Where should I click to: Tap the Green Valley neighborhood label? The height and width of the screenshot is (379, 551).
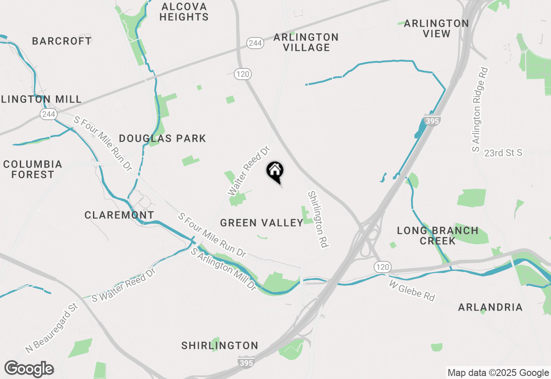[x=262, y=223]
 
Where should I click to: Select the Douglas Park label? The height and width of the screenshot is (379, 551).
[x=162, y=138]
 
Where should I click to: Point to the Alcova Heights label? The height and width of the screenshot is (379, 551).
[x=184, y=12]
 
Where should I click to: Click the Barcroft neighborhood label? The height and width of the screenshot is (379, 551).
[x=62, y=41]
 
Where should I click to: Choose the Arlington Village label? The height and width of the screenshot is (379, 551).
[x=306, y=42]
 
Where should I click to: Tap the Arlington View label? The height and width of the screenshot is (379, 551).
[x=436, y=28]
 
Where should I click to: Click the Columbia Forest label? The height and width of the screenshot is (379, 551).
[x=33, y=169]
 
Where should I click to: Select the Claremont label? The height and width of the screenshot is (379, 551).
[x=119, y=215]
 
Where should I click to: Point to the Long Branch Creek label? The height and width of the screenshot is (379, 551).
[x=437, y=236]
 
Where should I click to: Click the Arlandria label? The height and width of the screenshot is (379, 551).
[x=490, y=307]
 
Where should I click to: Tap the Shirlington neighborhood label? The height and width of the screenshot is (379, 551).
[x=220, y=345]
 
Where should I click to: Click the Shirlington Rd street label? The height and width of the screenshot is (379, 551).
[x=318, y=219]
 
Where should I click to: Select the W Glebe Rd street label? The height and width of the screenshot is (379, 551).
[x=412, y=290]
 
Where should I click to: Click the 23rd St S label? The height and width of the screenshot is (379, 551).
[x=503, y=153]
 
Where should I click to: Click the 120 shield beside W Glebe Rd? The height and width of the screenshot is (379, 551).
[x=382, y=267]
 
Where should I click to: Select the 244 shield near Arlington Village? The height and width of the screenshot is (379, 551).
[x=255, y=43]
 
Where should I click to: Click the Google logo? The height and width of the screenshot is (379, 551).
[x=29, y=369]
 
